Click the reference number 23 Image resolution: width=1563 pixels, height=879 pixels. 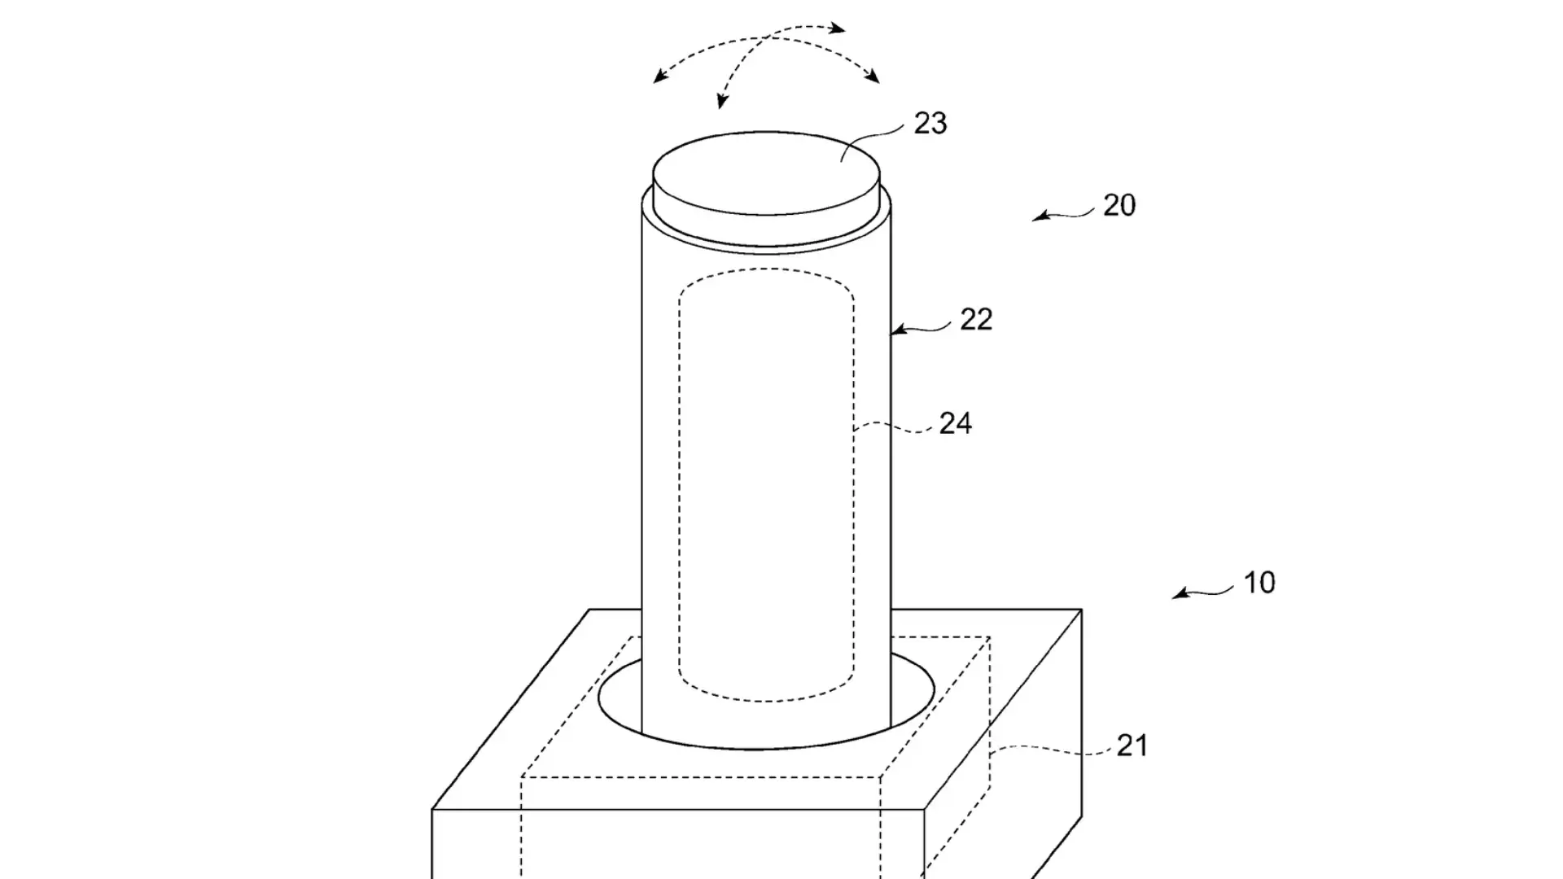pyautogui.click(x=930, y=124)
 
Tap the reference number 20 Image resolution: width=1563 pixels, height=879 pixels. pyautogui.click(x=1119, y=205)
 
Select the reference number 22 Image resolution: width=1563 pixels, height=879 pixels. pyautogui.click(x=976, y=320)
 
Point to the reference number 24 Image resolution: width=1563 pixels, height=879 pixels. pyautogui.click(x=956, y=423)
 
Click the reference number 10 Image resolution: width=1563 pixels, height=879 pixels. pyautogui.click(x=1259, y=583)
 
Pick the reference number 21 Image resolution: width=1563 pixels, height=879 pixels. pyautogui.click(x=1132, y=746)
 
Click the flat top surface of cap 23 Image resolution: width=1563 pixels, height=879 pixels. pyautogui.click(x=766, y=173)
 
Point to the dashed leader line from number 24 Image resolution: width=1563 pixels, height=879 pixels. pyautogui.click(x=894, y=426)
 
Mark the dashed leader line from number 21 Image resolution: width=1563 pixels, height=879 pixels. pyautogui.click(x=1051, y=748)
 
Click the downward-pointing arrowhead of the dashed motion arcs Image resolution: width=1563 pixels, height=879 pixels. pyautogui.click(x=721, y=101)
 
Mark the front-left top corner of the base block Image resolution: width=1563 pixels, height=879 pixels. pyautogui.click(x=432, y=810)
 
